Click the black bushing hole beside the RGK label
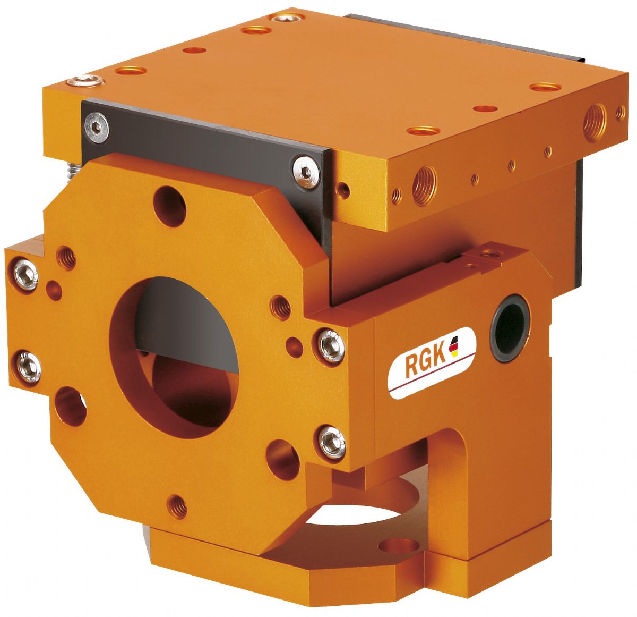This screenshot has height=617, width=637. coord(510,327)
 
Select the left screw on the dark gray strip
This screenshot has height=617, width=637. coord(97,128)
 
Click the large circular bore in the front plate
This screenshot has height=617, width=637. coord(174,357)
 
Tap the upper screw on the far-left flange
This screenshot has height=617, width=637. coord(26,275)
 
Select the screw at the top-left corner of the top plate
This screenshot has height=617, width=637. coord(85,81)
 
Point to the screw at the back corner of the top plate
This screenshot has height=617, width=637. coord(287,18)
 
